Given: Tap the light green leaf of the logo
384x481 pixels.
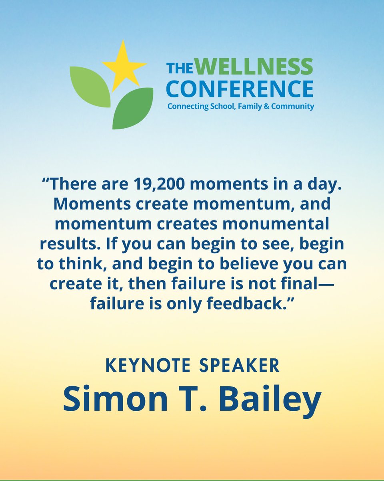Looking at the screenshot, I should [90, 86].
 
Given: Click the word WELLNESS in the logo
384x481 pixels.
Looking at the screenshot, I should [256, 67].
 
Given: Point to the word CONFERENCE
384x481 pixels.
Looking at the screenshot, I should [240, 89].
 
